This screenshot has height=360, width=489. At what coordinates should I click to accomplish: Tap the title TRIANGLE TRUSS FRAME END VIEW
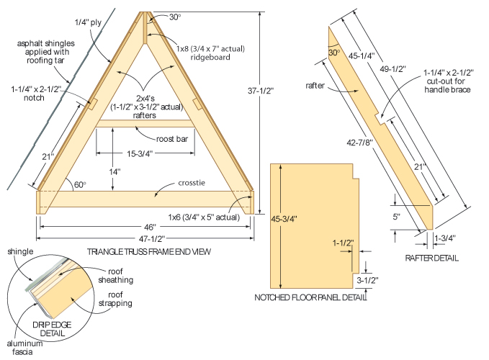point(143,251)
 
